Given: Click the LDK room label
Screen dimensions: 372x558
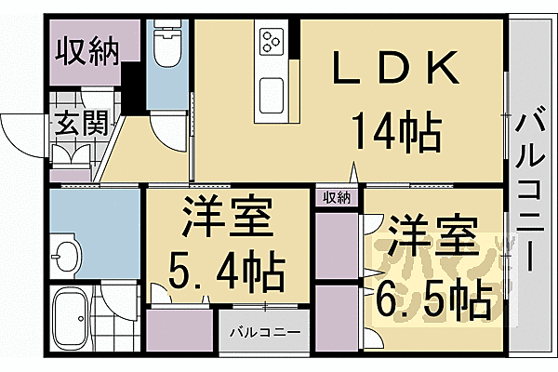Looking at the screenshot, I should tap(394, 70).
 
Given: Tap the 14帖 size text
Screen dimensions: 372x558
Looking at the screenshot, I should tap(395, 135).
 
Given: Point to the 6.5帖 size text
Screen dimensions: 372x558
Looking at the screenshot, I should tap(433, 297).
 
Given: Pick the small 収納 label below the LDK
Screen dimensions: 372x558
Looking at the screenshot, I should tap(338, 196).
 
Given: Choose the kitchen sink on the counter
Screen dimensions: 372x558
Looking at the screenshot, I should tap(272, 94).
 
